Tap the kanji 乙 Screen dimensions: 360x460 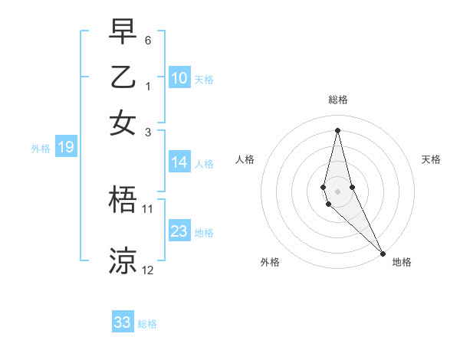[x=123, y=79]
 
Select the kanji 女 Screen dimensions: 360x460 [x=123, y=123]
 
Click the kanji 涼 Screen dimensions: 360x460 [x=123, y=261]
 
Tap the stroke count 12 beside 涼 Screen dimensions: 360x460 [x=148, y=270]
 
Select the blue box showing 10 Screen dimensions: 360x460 [x=179, y=77]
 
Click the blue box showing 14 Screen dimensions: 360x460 [x=179, y=162]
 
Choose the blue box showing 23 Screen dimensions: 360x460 [x=179, y=231]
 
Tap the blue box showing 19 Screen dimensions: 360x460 [x=65, y=148]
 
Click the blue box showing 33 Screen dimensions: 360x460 [x=123, y=322]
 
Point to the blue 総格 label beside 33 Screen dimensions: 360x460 [x=147, y=324]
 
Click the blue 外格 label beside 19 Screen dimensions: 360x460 [x=41, y=149]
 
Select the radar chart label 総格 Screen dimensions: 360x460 [x=338, y=100]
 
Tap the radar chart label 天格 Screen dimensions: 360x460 [x=432, y=159]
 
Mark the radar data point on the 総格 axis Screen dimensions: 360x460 [x=338, y=130]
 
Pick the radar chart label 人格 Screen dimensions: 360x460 [x=245, y=159]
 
